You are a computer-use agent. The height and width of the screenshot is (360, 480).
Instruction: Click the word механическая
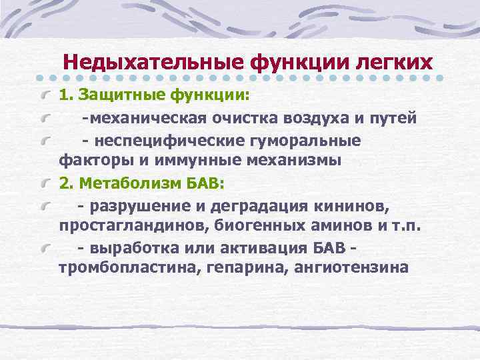point(148,119)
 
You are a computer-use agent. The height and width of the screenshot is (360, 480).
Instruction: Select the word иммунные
point(199,161)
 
